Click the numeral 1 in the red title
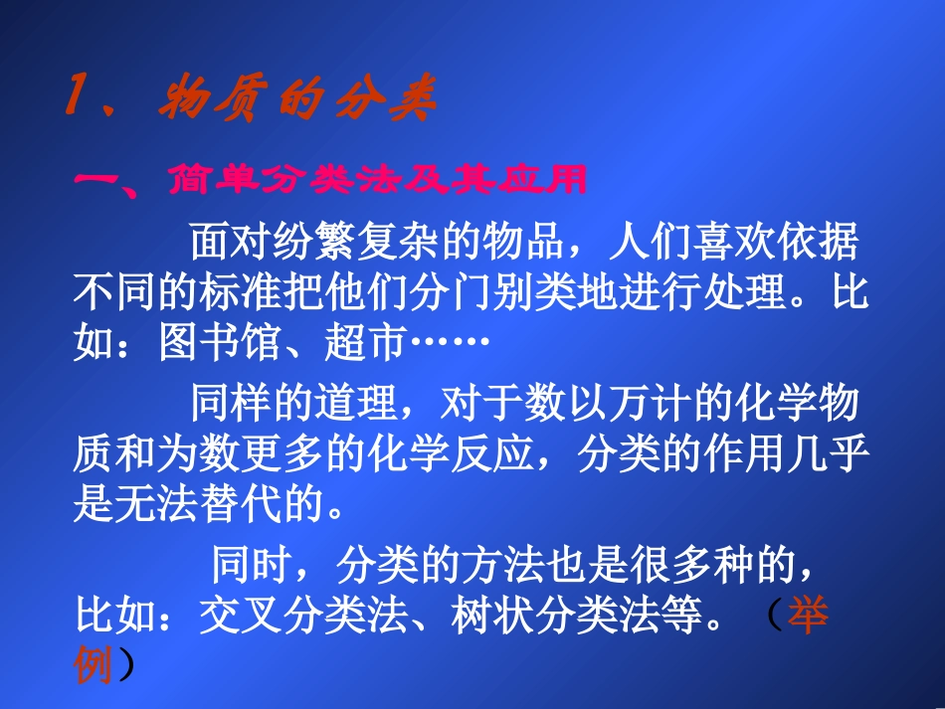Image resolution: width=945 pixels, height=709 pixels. coord(76,100)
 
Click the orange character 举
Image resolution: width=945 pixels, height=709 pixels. coord(809,619)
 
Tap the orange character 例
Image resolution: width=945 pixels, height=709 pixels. coord(95,667)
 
